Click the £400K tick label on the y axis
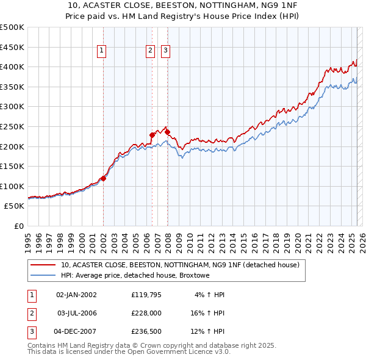(x=12, y=67)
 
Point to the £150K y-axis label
(x=12, y=166)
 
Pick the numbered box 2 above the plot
(x=150, y=51)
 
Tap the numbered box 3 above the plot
(x=165, y=51)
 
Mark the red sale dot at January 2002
(x=103, y=178)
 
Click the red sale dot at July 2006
(x=152, y=135)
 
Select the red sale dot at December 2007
(x=167, y=132)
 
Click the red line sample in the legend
(x=43, y=265)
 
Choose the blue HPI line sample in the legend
(x=43, y=276)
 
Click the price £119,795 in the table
(x=145, y=295)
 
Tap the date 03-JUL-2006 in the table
(x=76, y=313)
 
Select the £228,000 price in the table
(x=145, y=313)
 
